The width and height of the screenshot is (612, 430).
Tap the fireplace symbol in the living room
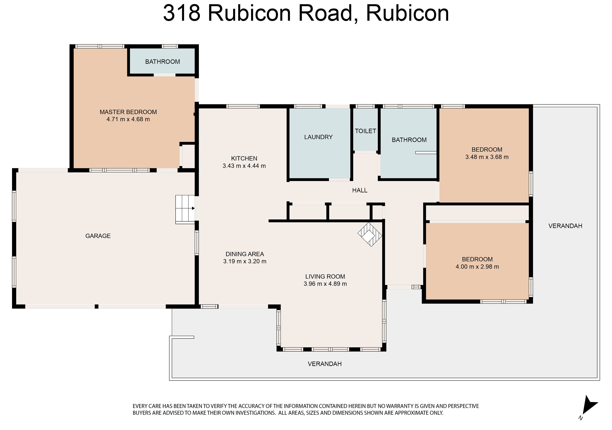[370, 234]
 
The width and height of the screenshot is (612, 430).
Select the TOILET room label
[365, 131]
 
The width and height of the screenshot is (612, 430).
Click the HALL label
[360, 190]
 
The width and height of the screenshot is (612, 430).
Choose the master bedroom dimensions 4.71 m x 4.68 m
[128, 119]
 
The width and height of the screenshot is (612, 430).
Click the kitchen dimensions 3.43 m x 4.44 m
[244, 166]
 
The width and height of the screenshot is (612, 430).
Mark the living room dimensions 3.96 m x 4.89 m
[325, 284]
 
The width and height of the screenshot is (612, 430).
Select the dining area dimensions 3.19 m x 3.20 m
[245, 261]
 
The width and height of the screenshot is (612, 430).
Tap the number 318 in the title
[182, 13]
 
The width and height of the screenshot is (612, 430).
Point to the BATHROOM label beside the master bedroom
[163, 62]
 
